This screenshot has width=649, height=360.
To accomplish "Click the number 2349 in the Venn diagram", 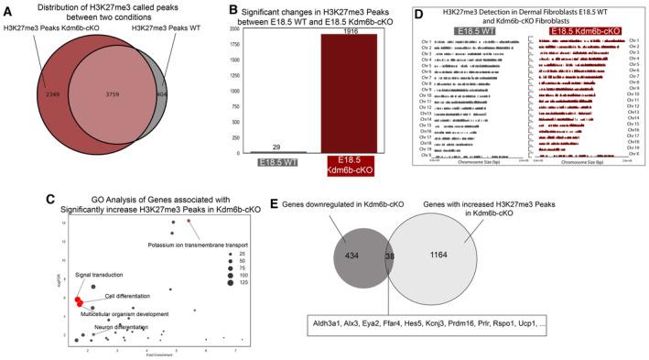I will (33, 92).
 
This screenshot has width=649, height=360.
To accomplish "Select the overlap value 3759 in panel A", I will (111, 92).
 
